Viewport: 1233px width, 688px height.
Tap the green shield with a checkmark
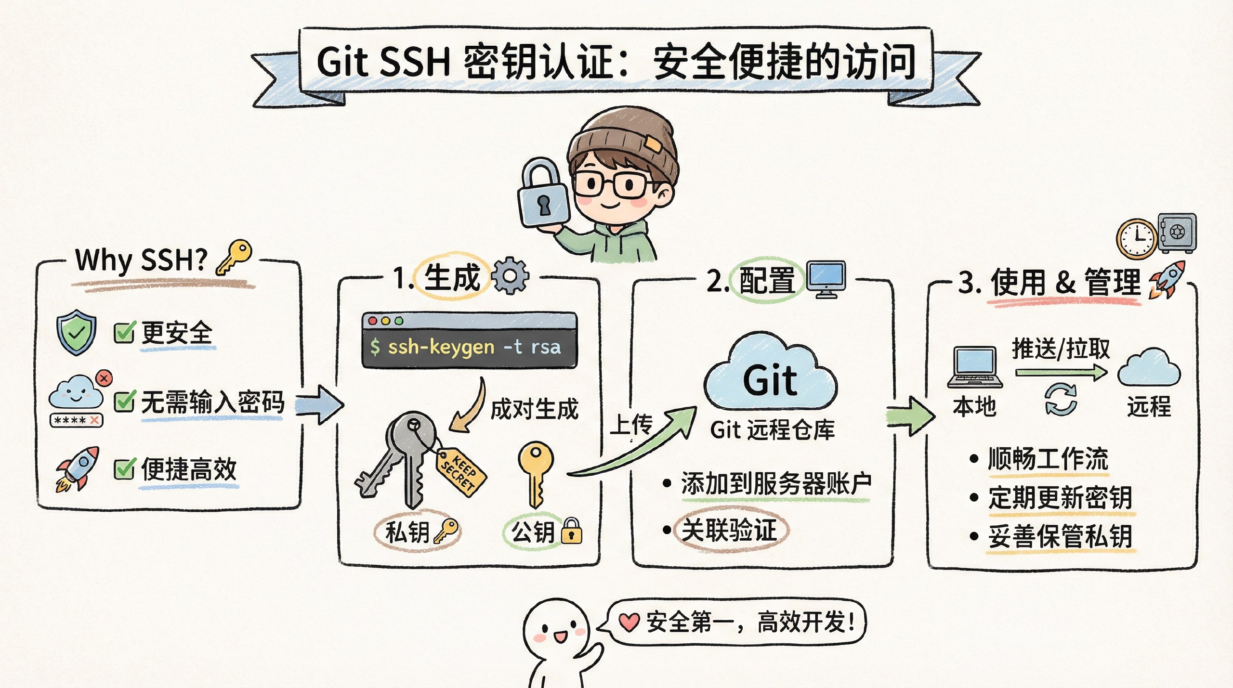76,332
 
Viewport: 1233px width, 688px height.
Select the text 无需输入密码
212,402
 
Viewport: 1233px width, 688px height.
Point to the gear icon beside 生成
510,276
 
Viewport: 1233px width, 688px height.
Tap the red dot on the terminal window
372,321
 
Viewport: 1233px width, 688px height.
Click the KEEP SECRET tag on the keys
461,470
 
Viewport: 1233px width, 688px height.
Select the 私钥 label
407,532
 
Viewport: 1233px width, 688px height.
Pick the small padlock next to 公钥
572,532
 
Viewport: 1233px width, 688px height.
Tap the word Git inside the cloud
770,381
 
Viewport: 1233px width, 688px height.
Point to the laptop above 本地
975,367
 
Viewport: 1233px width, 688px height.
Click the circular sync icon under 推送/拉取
1061,399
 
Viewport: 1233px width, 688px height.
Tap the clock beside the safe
1137,239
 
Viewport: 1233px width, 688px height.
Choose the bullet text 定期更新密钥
1060,498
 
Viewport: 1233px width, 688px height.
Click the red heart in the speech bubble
629,622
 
